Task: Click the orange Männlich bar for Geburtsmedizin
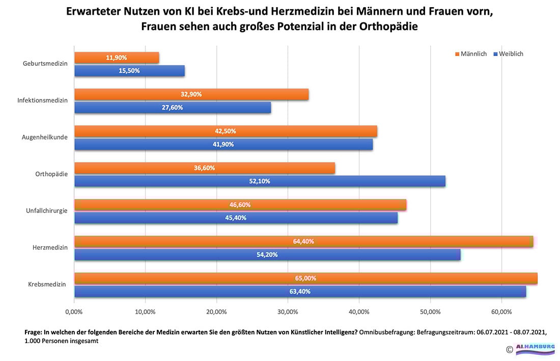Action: coord(117,58)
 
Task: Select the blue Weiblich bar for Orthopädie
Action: coord(260,181)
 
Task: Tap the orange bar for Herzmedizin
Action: coord(303,241)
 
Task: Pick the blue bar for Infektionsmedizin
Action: coord(173,108)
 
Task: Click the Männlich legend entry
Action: coord(470,54)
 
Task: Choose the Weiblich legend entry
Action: coord(508,54)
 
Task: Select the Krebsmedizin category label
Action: coord(47,285)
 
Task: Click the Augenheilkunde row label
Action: coord(45,137)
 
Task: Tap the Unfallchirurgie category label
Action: coord(46,211)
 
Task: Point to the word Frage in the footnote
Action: coord(34,331)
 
